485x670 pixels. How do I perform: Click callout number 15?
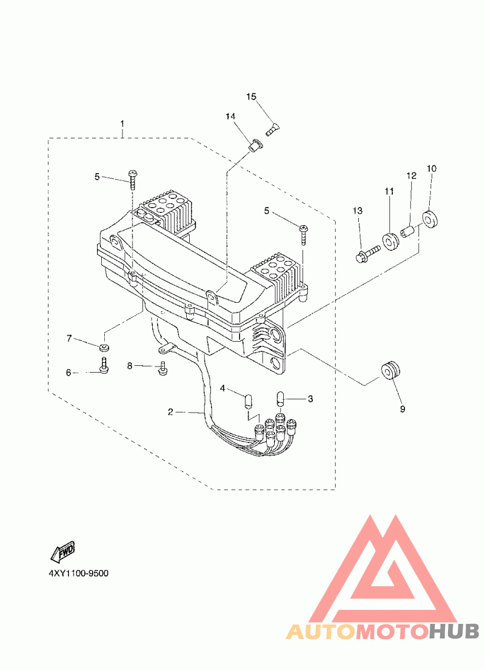251,96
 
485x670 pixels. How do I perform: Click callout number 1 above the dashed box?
122,123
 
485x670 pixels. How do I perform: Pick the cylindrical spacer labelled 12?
408,232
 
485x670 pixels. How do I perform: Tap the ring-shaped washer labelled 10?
430,218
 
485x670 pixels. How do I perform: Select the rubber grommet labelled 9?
390,370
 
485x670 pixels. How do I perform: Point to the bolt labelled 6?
104,365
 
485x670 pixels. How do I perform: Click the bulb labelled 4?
247,401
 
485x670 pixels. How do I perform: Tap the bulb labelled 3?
281,398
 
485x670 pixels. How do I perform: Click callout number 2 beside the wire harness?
170,412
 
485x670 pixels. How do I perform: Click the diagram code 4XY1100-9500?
79,573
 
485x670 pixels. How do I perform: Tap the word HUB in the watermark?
454,631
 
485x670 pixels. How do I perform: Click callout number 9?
402,409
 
